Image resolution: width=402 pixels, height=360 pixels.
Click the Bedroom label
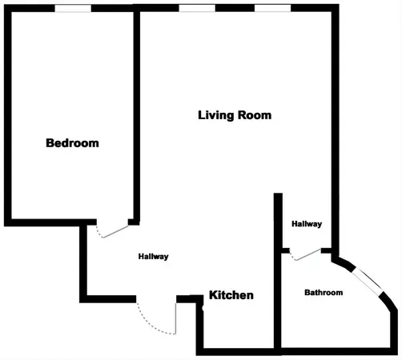click(72, 144)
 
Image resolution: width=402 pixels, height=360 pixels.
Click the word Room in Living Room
click(255, 115)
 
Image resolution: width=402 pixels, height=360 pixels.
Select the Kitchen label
click(231, 295)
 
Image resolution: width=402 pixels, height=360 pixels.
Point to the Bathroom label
click(324, 293)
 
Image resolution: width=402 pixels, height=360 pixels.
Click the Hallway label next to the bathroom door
click(307, 224)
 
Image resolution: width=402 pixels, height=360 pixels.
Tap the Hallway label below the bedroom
click(153, 257)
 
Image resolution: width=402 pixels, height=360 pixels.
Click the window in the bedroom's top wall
click(72, 8)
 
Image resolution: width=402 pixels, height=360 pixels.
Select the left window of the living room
click(196, 8)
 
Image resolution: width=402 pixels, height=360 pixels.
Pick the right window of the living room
click(272, 8)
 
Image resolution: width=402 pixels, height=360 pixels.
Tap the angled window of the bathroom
click(371, 282)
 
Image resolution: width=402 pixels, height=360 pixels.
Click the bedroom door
click(113, 230)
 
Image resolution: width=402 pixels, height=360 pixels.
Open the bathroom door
click(306, 254)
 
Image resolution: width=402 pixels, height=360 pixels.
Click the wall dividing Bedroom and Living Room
click(137, 112)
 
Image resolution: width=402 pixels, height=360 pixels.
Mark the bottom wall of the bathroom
click(336, 350)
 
